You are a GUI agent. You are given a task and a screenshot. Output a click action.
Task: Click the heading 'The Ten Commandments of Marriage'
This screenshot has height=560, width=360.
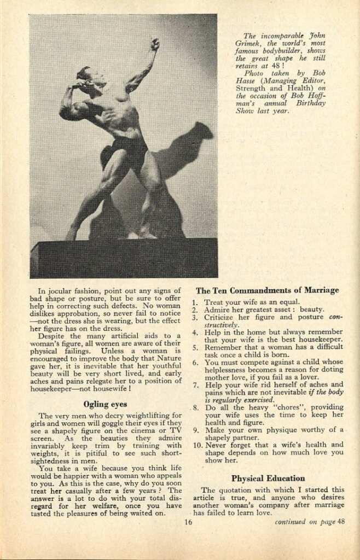268,290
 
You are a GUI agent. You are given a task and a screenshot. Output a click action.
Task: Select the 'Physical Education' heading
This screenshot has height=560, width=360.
268,478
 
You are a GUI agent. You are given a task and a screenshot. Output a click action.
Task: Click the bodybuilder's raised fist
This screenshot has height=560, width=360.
155,44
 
